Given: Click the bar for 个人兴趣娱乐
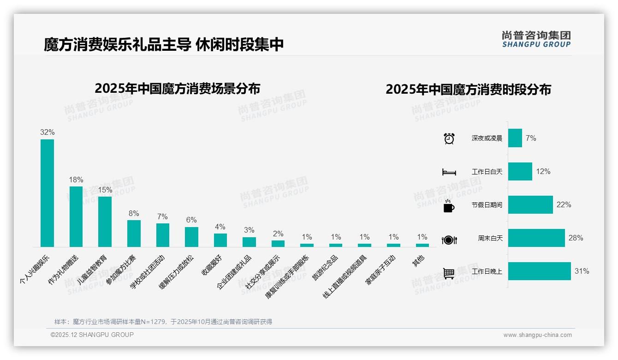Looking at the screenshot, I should [x=47, y=193].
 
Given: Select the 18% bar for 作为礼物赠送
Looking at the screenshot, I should [x=76, y=216].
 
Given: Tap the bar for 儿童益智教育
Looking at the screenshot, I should [x=105, y=222].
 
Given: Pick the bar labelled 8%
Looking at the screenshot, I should [x=134, y=233].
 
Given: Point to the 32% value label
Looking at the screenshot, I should [x=47, y=132].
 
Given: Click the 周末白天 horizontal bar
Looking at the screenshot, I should [x=536, y=238].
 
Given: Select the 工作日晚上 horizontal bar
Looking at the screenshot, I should [x=539, y=271].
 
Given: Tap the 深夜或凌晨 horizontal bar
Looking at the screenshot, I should [x=515, y=138].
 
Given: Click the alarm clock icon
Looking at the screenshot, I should [x=449, y=138].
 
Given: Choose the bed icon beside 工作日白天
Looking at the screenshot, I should [x=449, y=172].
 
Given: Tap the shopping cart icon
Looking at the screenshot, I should [x=449, y=273].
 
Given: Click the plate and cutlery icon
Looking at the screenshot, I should [x=449, y=240].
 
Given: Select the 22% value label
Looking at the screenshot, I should [x=564, y=204].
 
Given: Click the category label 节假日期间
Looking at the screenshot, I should [x=487, y=205].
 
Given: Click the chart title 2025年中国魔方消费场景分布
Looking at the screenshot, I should [x=177, y=88].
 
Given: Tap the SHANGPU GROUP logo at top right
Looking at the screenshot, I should [x=536, y=39].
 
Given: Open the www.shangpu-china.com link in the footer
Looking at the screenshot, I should [x=537, y=335].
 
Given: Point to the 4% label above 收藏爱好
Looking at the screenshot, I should [x=220, y=227].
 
